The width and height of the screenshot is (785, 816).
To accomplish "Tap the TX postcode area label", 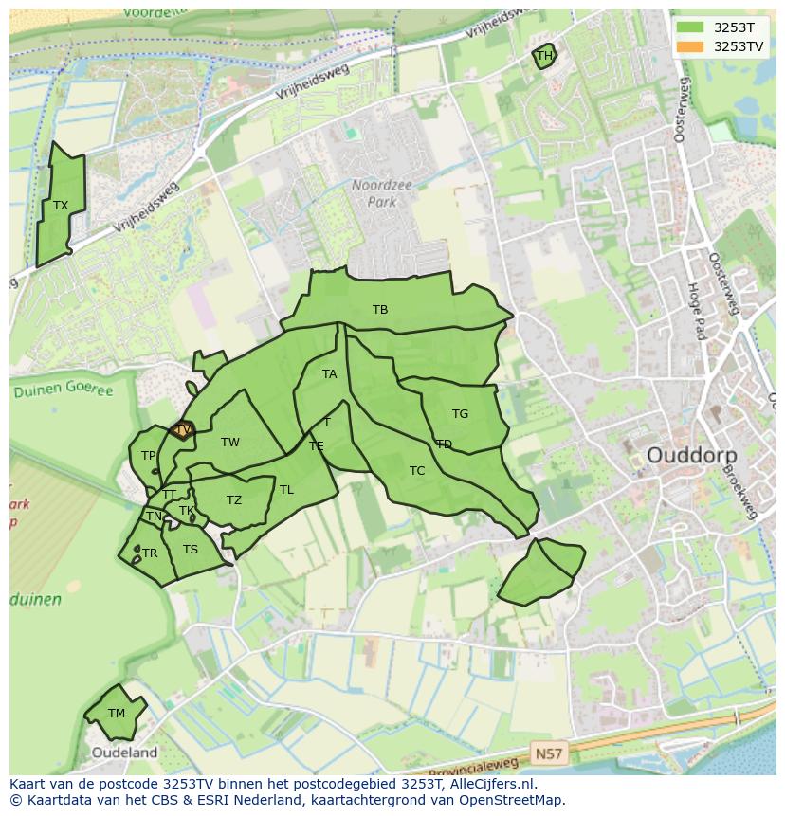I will [61, 206].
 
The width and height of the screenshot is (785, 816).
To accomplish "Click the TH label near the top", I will [544, 56].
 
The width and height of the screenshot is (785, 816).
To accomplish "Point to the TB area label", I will [380, 310].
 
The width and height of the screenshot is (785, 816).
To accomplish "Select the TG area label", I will [460, 414].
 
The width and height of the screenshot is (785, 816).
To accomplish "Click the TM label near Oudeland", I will [116, 714].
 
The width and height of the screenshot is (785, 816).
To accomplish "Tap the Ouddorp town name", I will [691, 455].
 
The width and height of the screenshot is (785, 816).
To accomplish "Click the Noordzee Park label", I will [382, 194].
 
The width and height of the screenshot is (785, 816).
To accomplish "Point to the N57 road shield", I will [547, 754].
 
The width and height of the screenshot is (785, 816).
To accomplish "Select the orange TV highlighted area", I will [183, 430].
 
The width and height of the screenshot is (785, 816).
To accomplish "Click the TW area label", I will [230, 443].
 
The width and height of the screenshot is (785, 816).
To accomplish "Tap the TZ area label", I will [234, 500].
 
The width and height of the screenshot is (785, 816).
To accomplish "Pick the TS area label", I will [191, 550].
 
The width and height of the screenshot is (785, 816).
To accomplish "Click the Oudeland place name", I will [124, 753].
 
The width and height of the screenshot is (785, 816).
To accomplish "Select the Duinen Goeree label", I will [62, 390].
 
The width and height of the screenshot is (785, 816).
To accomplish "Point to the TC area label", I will [417, 471].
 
